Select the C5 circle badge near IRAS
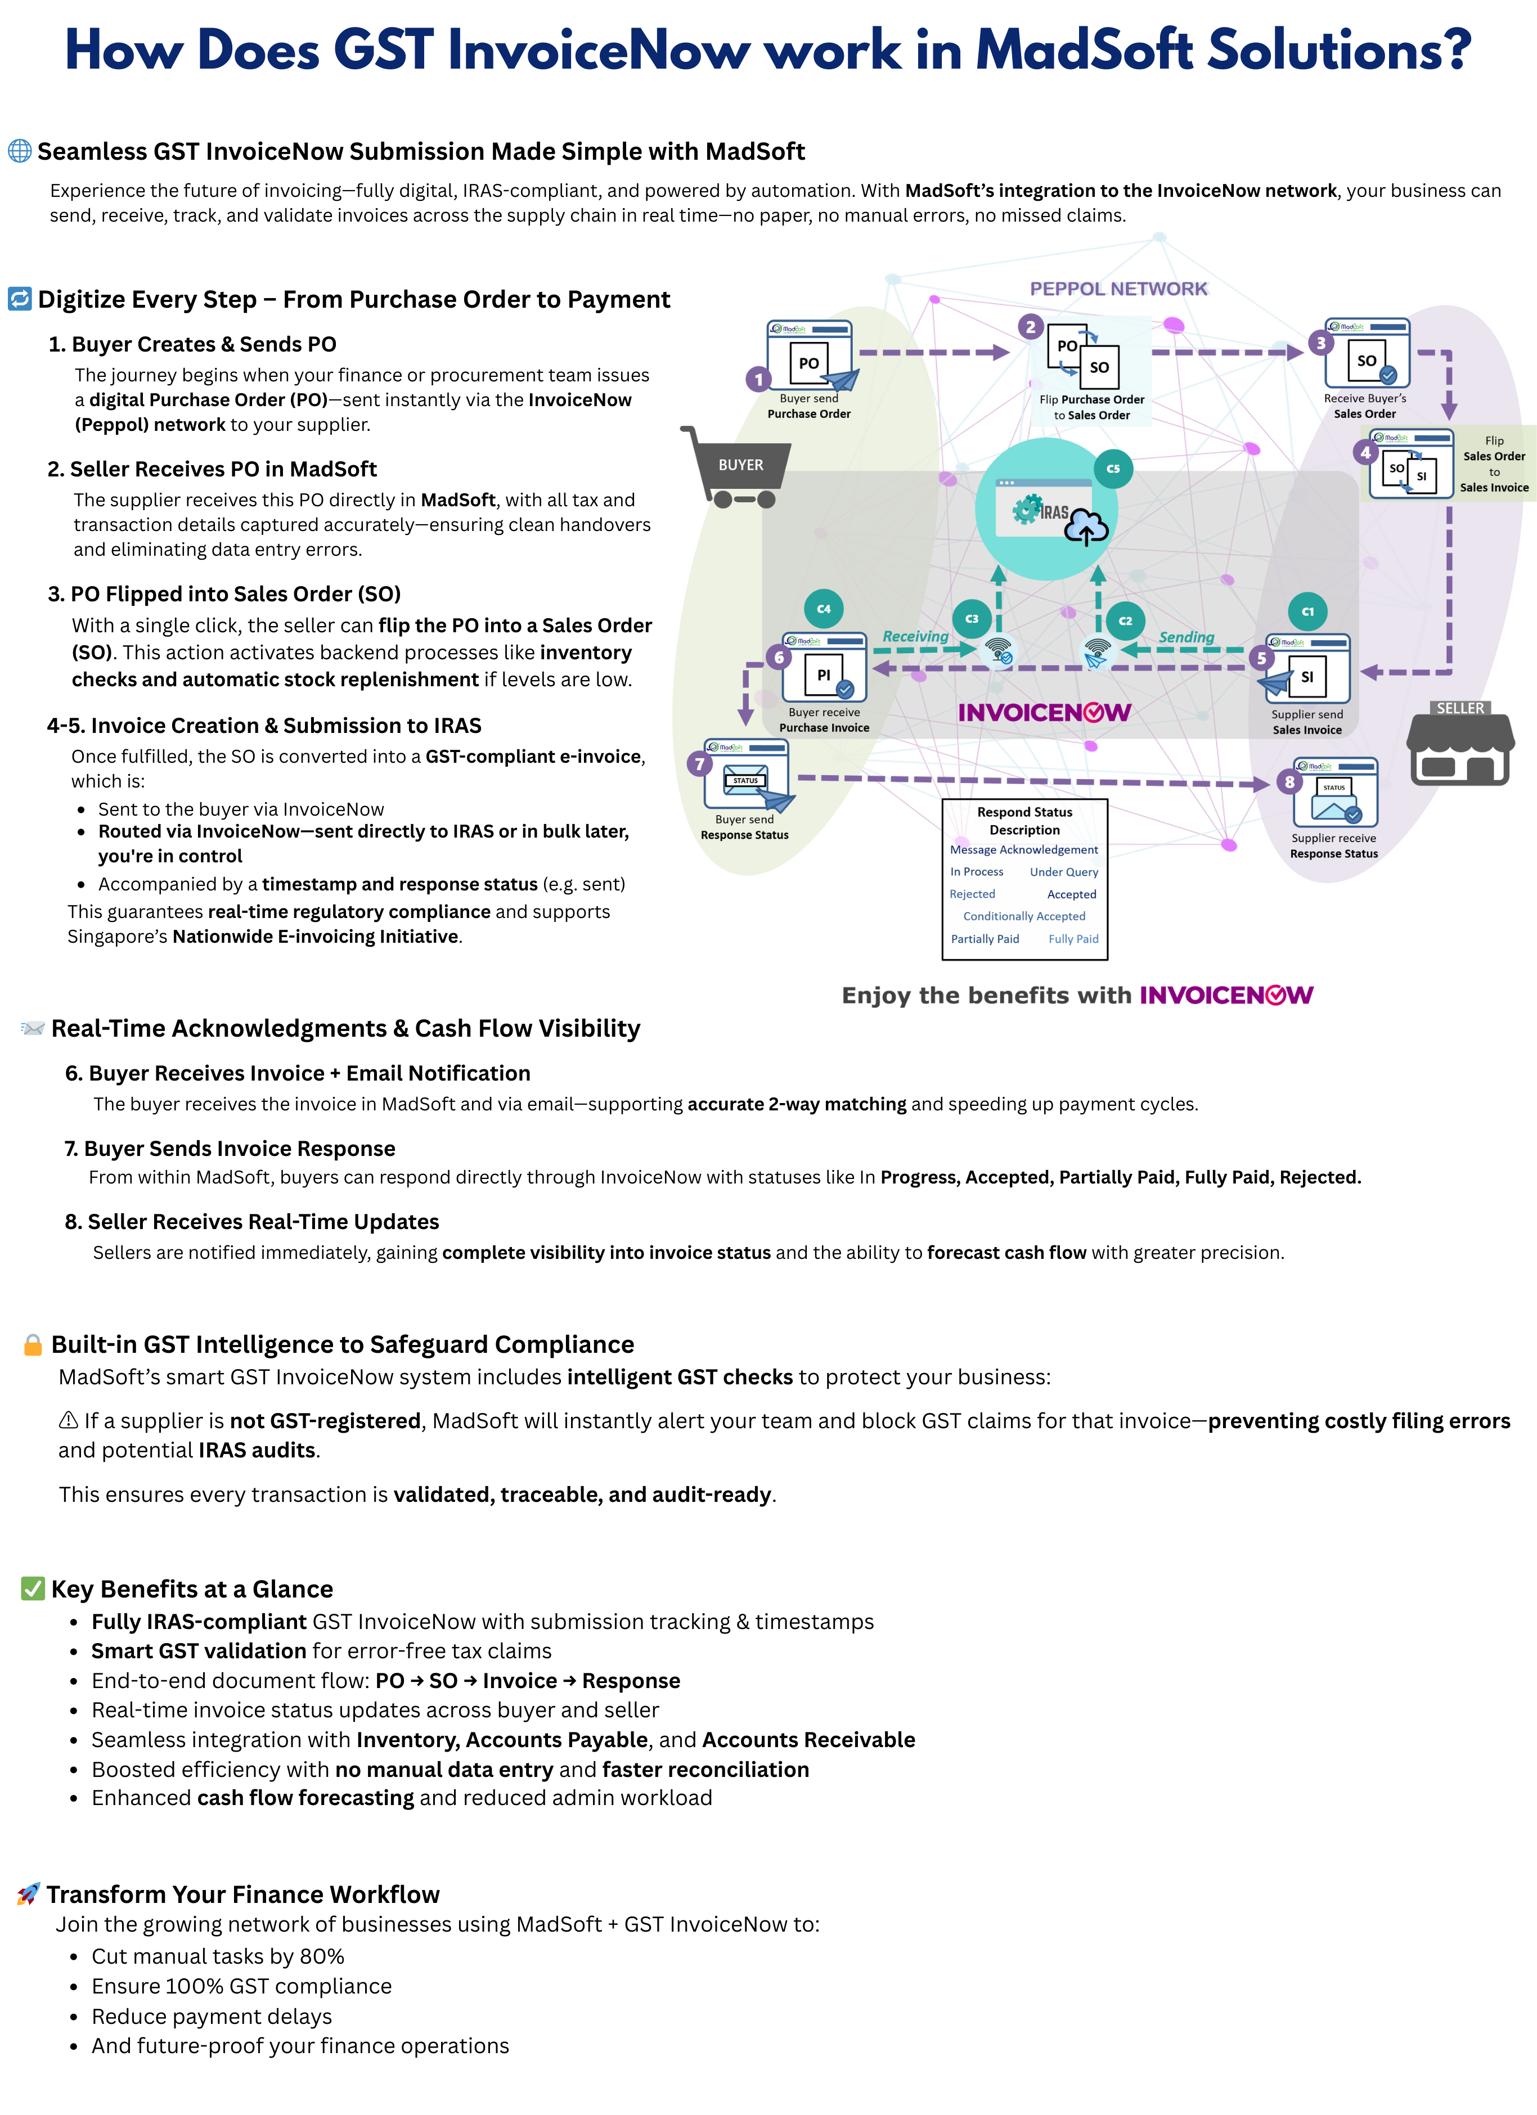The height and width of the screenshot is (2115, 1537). (x=1113, y=469)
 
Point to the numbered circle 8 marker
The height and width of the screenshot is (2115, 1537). (x=1290, y=781)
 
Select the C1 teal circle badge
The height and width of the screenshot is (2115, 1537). (x=1307, y=612)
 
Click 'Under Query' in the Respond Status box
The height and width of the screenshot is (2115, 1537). (x=1064, y=872)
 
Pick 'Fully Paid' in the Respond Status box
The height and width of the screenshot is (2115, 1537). (x=1073, y=939)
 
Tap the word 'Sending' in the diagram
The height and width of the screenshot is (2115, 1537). (x=1187, y=637)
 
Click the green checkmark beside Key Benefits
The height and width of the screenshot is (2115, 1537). (x=33, y=1588)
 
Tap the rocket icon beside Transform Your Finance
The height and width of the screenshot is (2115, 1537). (x=29, y=1894)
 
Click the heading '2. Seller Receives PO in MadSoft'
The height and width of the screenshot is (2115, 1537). (x=213, y=469)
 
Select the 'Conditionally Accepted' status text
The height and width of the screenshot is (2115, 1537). (x=1024, y=917)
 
